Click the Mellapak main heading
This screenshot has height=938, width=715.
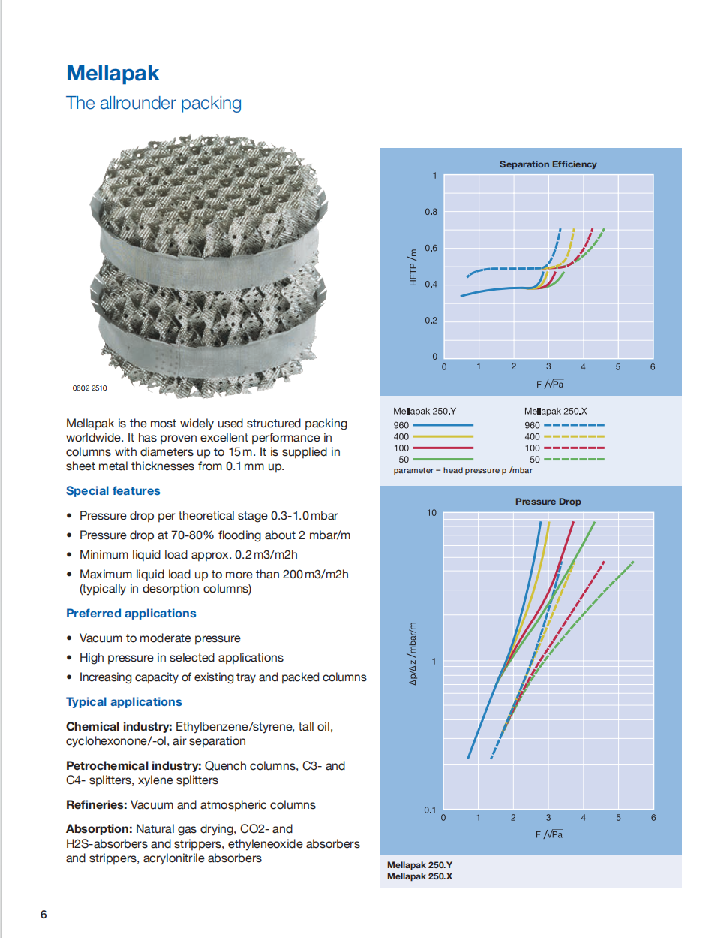pos(113,74)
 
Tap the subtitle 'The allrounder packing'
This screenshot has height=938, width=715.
pos(154,103)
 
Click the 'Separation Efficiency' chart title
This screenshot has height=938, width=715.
pos(548,164)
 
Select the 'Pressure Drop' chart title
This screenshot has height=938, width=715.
pos(548,502)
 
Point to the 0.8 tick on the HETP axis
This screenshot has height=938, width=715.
pos(431,212)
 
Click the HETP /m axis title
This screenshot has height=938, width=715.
pos(413,267)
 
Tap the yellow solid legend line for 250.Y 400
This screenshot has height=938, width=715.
pos(443,436)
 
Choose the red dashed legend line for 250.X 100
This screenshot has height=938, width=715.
pos(574,448)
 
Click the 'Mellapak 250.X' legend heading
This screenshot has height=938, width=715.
pos(555,412)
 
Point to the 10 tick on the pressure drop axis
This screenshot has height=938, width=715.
pos(431,513)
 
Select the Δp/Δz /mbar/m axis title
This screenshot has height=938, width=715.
pos(413,653)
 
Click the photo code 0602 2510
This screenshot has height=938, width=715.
pos(89,388)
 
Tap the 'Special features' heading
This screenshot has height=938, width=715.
pos(113,491)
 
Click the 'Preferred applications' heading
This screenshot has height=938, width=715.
pos(131,614)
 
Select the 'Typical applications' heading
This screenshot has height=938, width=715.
pos(124,702)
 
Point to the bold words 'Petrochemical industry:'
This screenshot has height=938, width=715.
pos(134,766)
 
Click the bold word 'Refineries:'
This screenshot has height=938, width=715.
pos(97,805)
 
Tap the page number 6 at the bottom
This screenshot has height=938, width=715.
pos(44,915)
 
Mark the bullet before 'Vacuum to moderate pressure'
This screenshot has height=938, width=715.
pos(69,638)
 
